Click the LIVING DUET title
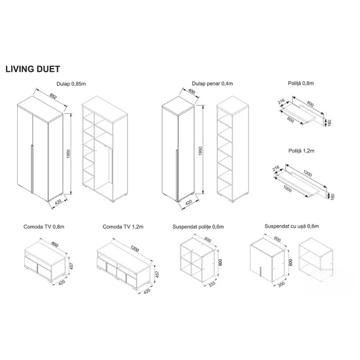(x=33, y=67)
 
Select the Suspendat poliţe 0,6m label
(x=200, y=226)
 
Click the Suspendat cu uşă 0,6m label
(x=291, y=226)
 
